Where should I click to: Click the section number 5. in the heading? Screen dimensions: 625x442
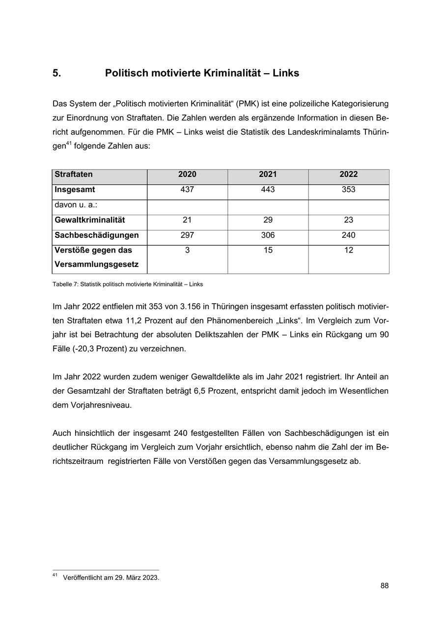(56, 73)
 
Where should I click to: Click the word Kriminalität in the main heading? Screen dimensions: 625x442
(232, 73)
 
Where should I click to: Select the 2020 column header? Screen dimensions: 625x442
(187, 174)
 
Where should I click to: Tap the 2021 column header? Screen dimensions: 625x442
(268, 174)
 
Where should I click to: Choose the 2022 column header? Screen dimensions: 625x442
(348, 174)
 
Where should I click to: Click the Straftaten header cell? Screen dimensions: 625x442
(74, 174)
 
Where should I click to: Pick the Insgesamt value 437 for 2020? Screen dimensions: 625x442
(187, 190)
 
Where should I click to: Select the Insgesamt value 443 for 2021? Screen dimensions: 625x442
(268, 190)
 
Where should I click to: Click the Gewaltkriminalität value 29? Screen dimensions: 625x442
(268, 220)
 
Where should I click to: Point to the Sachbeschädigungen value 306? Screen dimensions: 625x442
(268, 235)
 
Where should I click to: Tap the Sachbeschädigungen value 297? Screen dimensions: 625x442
(187, 235)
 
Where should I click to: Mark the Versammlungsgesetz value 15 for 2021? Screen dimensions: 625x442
(268, 251)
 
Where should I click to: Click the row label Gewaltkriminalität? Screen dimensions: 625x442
(90, 220)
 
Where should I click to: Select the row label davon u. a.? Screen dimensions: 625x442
(76, 204)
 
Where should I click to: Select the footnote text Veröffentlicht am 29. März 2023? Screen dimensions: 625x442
(111, 578)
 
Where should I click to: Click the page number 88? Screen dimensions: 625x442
(384, 586)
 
